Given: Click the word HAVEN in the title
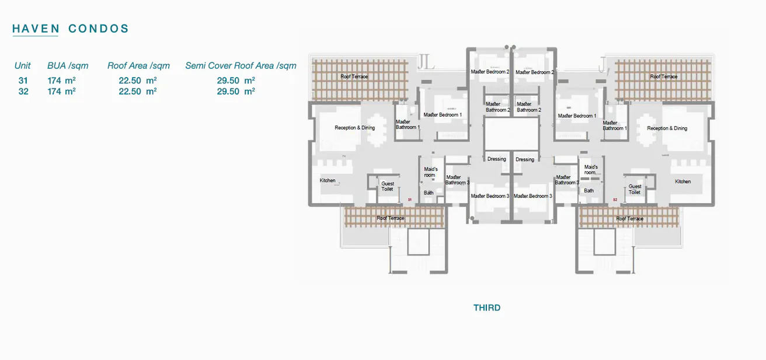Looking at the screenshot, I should point(36,29).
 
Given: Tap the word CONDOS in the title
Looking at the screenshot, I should point(99,29).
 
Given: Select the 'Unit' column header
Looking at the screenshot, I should point(23,66).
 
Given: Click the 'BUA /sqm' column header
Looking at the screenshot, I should point(68,66).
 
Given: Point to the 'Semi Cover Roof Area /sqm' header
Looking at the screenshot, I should point(241,66).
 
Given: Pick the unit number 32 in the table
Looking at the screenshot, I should point(23,92).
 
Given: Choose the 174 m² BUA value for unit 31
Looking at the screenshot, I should point(62,81).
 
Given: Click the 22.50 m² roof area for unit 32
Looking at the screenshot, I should point(138,92).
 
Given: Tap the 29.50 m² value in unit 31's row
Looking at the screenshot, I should point(236,81).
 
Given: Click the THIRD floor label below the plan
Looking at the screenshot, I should point(487,307).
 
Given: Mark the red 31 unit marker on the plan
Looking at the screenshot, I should point(410,200).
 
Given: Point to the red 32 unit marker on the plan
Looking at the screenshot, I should point(615,200).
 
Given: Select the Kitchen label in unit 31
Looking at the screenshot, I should point(328,180).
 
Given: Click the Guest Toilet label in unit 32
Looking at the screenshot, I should point(635,190).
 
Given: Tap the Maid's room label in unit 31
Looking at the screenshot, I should point(430,172).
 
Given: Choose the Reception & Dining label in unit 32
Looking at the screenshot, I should point(667,128).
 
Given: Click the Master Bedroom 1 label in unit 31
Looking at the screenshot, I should point(443,115).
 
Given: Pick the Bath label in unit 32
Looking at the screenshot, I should point(589,191).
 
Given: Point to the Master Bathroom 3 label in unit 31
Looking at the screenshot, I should point(457,180).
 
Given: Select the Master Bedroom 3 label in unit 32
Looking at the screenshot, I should point(532,196).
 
